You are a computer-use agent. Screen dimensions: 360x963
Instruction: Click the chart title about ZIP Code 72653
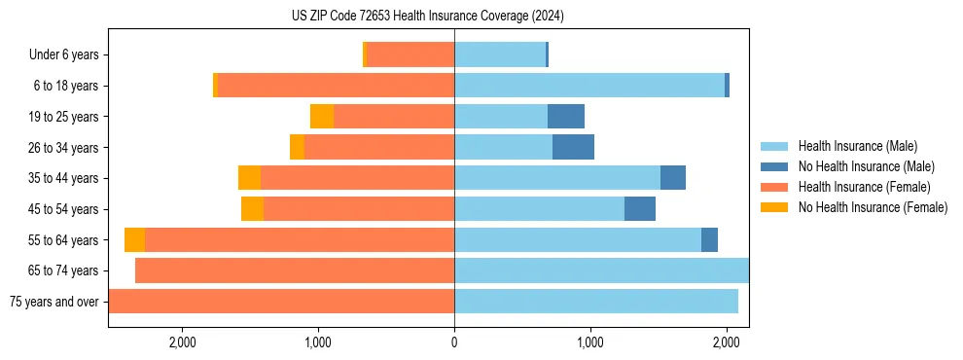(x=427, y=17)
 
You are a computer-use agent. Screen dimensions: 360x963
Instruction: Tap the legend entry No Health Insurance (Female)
(x=873, y=207)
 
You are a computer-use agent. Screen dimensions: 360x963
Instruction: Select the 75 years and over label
(x=53, y=302)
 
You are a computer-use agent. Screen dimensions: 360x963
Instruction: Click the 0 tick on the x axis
(x=454, y=342)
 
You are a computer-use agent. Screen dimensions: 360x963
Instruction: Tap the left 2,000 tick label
(x=183, y=342)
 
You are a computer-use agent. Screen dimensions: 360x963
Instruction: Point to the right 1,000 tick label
(x=589, y=342)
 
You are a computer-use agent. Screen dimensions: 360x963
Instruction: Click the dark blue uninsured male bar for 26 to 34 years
(x=573, y=148)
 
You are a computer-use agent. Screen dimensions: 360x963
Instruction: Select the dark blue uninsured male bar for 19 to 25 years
(x=566, y=117)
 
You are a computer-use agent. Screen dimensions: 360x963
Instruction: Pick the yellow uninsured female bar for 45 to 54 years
(x=252, y=209)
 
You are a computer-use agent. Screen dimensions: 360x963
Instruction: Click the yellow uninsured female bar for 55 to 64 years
(x=134, y=240)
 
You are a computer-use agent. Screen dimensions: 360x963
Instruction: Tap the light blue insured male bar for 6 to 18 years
(x=589, y=86)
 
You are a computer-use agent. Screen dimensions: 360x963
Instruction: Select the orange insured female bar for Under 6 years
(x=410, y=55)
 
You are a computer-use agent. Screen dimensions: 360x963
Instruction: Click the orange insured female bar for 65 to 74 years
(x=295, y=270)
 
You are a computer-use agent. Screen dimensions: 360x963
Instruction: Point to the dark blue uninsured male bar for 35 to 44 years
(x=673, y=178)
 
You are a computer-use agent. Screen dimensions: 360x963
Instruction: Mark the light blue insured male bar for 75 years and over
(x=596, y=302)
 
